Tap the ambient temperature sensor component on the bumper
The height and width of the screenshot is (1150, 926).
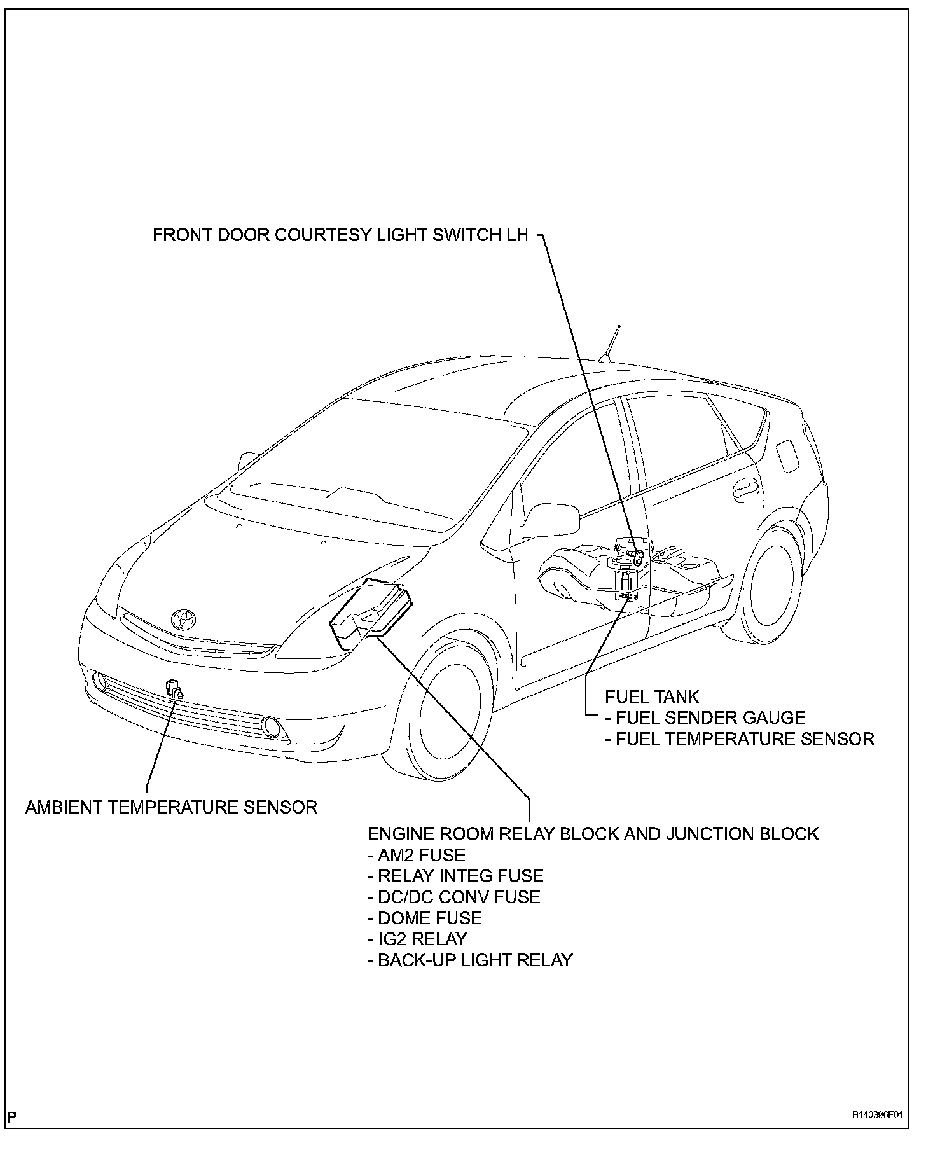(173, 689)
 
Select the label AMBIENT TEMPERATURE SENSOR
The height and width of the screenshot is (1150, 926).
(171, 807)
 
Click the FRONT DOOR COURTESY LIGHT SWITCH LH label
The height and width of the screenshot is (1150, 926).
(340, 235)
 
